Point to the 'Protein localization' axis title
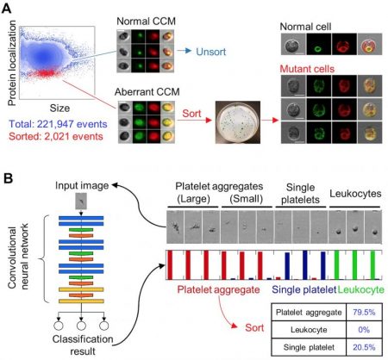[x=9, y=61]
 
